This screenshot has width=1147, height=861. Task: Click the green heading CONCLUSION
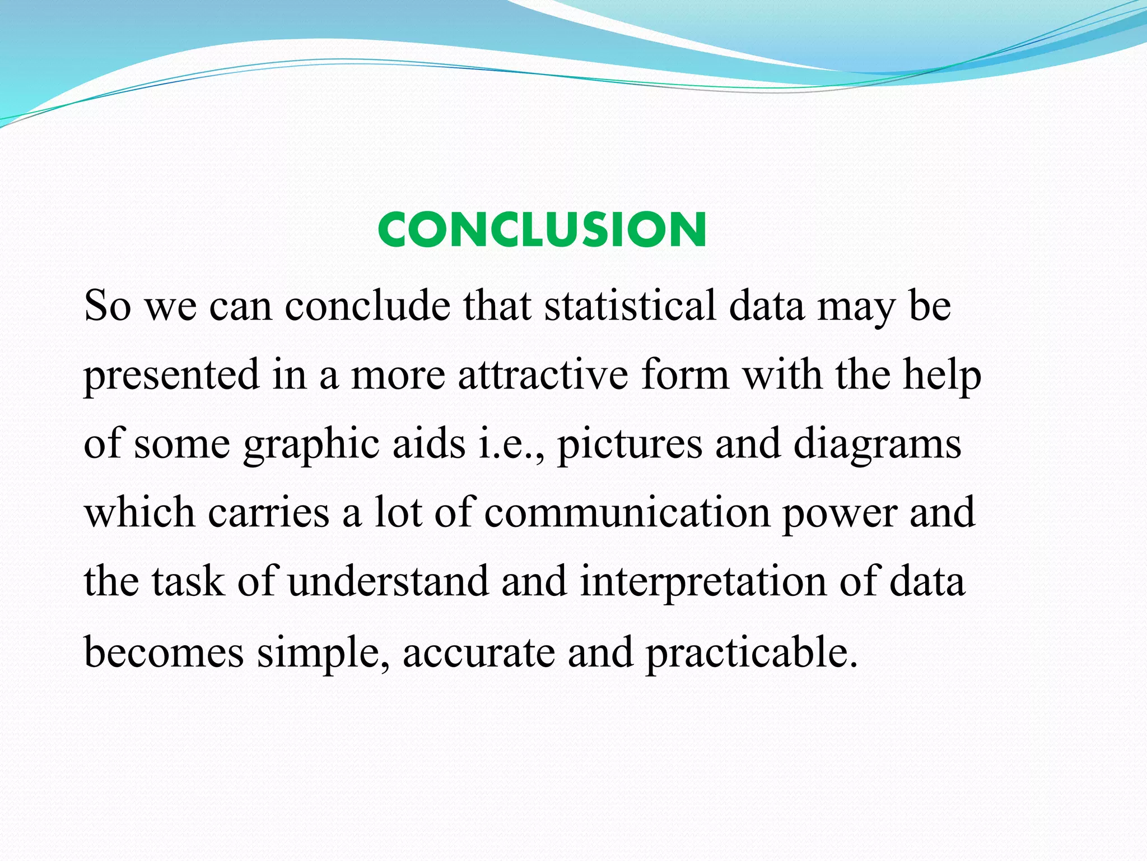coord(542,230)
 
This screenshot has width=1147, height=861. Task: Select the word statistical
coord(630,306)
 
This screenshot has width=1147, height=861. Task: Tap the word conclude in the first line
coord(367,306)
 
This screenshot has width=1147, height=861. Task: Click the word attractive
coord(543,374)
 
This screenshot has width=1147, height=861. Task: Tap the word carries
coord(269,513)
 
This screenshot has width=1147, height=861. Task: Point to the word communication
coord(627,513)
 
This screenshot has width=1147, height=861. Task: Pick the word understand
coord(388,582)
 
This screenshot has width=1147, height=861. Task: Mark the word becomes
coord(164,652)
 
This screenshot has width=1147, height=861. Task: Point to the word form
coord(686,374)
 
